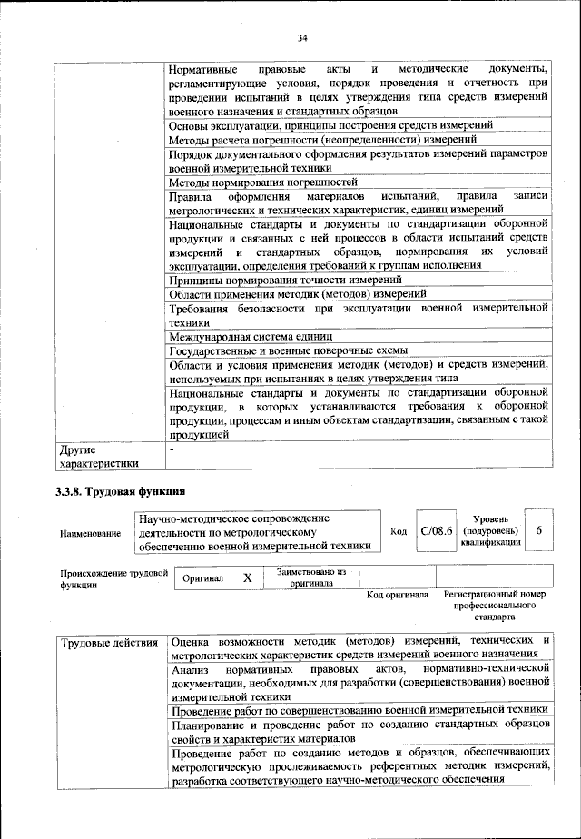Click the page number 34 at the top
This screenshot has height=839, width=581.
[x=302, y=37]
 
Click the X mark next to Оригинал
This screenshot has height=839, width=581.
[x=247, y=577]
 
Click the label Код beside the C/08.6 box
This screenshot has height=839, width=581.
[x=398, y=531]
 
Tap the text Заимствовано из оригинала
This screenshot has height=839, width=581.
[x=311, y=577]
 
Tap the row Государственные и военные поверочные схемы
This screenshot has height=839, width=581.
[x=288, y=350]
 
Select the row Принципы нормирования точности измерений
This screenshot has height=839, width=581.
[x=272, y=280]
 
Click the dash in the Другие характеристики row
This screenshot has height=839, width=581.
[x=172, y=449]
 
